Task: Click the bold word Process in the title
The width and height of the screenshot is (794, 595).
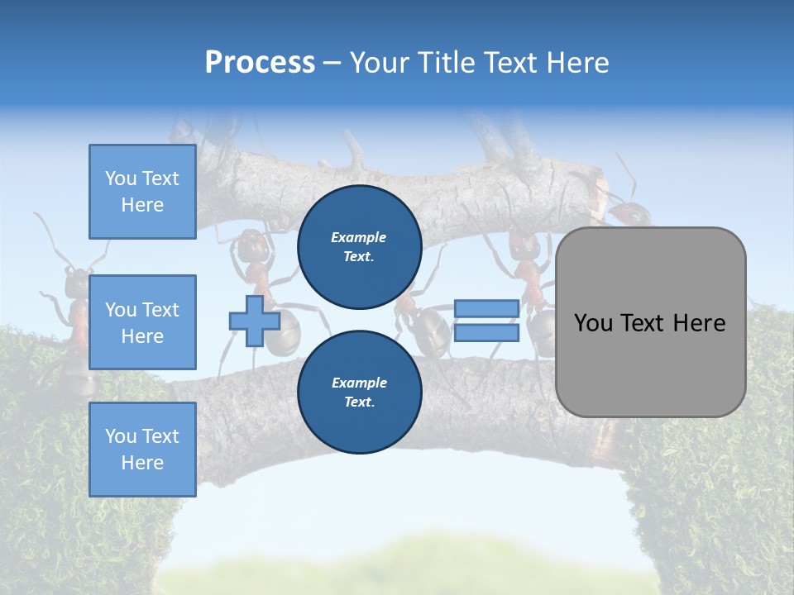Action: point(260,63)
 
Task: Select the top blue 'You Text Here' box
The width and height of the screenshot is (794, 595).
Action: point(142,192)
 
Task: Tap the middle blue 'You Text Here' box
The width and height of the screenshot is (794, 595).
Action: point(142,322)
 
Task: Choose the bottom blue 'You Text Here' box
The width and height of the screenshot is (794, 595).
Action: point(142,450)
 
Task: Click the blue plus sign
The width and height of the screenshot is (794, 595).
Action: point(255,321)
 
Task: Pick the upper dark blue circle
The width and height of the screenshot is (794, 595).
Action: point(359,247)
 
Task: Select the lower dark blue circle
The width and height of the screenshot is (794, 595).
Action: point(359,393)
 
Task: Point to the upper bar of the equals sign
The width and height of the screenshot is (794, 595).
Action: point(486,309)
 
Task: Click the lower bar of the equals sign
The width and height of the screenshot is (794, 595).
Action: point(486,333)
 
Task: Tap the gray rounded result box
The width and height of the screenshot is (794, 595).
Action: point(650,322)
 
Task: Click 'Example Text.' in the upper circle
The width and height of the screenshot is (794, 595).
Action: point(359,247)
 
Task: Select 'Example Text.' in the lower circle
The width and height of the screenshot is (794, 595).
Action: point(359,393)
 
